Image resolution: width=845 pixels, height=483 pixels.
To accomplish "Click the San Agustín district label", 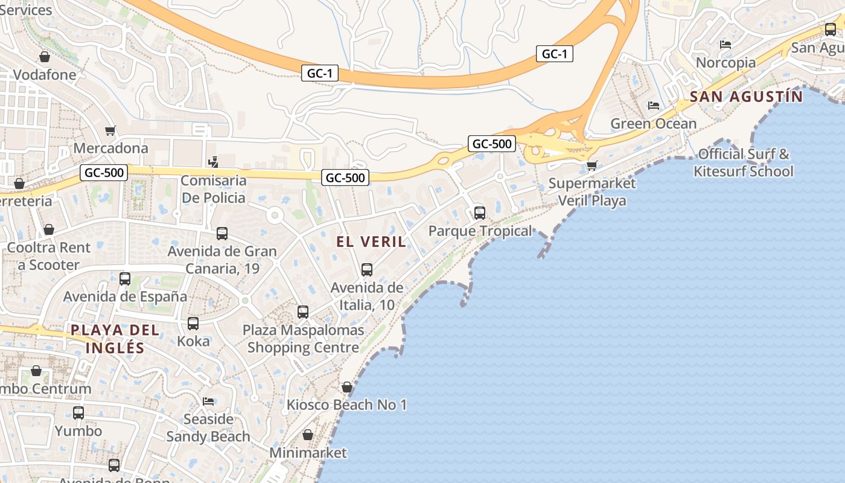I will coord(747,97).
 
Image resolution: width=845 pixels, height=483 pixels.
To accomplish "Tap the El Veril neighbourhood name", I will coord(371,242).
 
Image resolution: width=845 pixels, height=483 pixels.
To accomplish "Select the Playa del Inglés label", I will coord(115,339).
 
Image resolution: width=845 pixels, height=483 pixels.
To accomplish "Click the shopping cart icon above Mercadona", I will coord(110,130).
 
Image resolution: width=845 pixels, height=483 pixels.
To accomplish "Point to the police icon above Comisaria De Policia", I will coord(213,162).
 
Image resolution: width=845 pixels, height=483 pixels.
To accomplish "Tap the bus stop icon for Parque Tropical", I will coord(480,213).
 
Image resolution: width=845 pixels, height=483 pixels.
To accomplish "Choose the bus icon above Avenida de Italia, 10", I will coord(367,270).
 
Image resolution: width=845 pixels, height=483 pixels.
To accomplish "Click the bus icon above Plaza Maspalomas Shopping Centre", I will coord(303,312).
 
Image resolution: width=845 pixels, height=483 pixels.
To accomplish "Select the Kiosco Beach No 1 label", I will coord(346,405).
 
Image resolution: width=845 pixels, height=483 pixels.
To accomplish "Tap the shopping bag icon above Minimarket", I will coord(308,435).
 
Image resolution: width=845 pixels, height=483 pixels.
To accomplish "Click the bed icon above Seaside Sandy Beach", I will coord(208,401).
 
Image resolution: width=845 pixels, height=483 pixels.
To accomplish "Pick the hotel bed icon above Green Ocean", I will coord(653,106).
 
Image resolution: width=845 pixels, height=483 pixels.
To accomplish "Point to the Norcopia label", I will coord(725,62).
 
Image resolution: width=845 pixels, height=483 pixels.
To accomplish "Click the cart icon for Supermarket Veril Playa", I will coord(591,165).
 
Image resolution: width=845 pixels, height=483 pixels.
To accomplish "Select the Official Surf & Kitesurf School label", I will coord(744,162).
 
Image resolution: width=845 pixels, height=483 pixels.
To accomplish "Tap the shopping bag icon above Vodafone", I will coord(44,57).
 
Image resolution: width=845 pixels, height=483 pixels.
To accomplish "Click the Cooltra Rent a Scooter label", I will coord(48,256).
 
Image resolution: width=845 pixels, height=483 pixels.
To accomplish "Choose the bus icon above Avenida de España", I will coord(125,279).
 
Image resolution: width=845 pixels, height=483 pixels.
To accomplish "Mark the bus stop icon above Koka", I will coord(193,324).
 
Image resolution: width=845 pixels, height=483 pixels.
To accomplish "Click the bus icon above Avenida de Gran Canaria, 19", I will coord(222,234).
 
